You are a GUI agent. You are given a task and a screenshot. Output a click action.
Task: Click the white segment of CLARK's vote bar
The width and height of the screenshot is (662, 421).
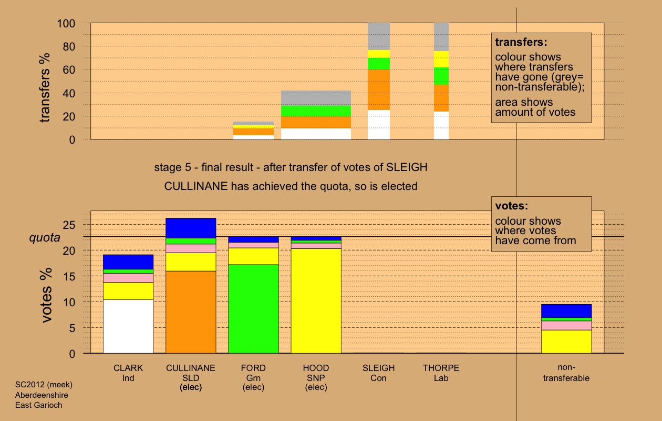(x=128, y=326)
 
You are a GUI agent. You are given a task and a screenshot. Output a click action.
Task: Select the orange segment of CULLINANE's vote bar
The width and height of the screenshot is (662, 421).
(x=191, y=312)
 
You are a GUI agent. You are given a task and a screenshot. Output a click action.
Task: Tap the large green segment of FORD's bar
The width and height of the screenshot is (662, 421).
(x=253, y=308)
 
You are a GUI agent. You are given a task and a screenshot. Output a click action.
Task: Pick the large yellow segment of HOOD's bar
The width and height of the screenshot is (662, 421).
(x=316, y=300)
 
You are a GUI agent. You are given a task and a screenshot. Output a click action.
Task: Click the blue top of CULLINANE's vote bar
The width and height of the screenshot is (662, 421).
(x=191, y=228)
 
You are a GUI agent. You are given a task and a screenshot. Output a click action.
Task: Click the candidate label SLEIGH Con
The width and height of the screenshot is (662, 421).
(x=378, y=373)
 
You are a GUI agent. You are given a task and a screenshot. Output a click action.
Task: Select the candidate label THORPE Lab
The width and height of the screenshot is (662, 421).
(x=441, y=373)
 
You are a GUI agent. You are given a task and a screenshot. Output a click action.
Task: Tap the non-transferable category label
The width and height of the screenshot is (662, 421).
(x=566, y=373)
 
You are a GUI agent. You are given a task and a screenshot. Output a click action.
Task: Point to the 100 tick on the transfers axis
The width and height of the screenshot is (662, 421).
(x=68, y=24)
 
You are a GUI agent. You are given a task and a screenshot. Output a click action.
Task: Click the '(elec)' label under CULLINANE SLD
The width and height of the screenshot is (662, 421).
(x=191, y=387)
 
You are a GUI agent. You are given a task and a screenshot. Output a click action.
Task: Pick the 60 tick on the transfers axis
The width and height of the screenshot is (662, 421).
(x=71, y=70)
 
